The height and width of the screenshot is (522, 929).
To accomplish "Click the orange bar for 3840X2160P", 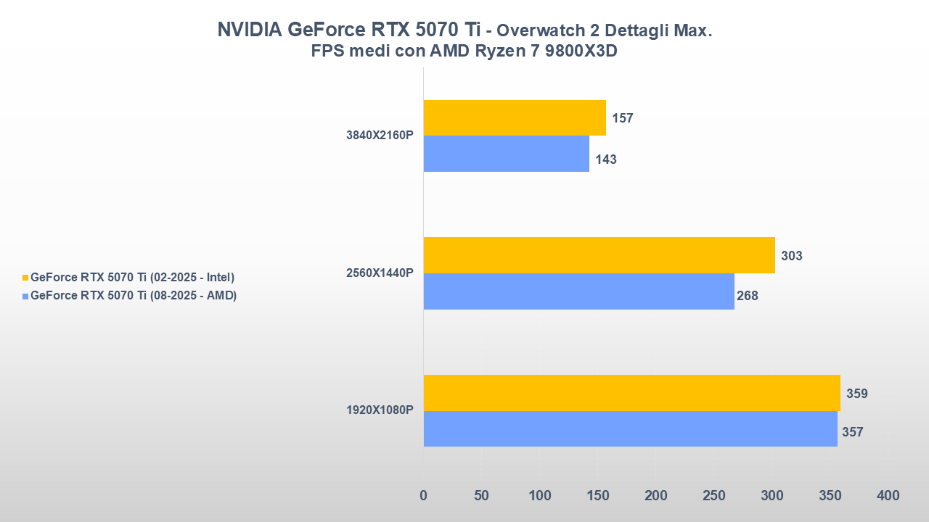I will (x=515, y=117).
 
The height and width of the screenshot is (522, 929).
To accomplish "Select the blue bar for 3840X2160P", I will (x=506, y=154).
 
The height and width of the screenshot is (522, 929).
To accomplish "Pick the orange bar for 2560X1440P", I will (x=599, y=255).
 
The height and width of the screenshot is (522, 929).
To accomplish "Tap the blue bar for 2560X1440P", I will (x=578, y=291).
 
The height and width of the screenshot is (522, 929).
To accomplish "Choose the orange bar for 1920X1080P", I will (x=631, y=393).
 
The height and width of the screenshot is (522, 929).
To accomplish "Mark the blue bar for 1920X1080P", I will (x=630, y=429).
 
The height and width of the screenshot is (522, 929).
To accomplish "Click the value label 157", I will (x=623, y=118).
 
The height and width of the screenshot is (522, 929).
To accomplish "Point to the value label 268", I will (x=747, y=296).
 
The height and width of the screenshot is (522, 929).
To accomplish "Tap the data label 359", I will (x=857, y=394).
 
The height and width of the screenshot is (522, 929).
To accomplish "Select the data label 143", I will (x=606, y=159).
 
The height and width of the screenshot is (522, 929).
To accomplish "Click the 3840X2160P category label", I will (x=380, y=136).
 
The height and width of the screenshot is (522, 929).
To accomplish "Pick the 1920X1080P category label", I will (x=380, y=410).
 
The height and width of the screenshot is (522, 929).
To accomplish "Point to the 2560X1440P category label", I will (x=380, y=273).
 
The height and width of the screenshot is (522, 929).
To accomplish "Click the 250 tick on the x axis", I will (x=714, y=496).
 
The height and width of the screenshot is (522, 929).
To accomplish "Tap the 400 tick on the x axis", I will (x=888, y=496).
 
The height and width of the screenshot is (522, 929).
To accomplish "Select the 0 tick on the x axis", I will (x=424, y=496).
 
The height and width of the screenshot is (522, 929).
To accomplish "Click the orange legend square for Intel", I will (x=25, y=278).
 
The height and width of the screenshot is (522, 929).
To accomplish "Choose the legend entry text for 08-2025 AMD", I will (x=134, y=296).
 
